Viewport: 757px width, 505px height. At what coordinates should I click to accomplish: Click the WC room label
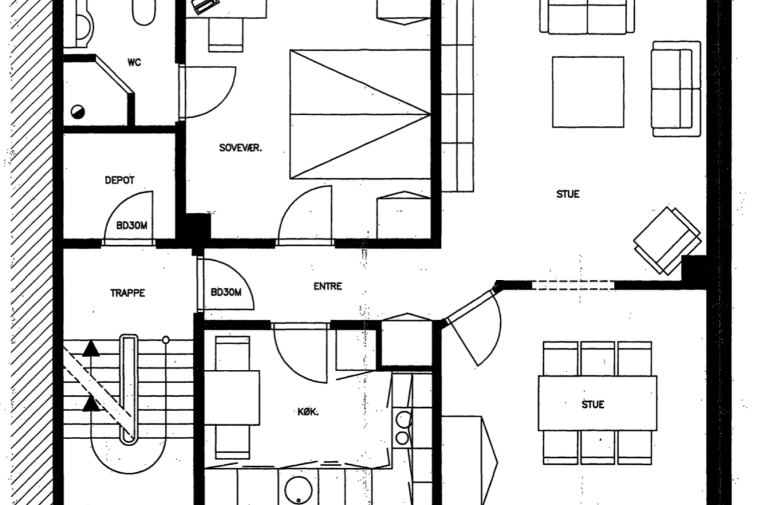[x=134, y=62]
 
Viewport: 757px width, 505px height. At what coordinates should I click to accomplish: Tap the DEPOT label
[x=119, y=180]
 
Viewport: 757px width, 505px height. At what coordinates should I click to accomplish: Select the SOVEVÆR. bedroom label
[x=240, y=148]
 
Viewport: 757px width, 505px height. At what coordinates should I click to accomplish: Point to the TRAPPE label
[x=128, y=293]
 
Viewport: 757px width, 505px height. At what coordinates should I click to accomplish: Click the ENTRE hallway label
[x=328, y=287]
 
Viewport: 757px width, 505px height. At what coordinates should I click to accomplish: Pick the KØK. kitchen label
[x=308, y=412]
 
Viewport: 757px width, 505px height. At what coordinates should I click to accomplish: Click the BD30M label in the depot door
[x=132, y=225]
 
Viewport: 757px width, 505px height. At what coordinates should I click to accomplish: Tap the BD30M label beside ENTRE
[x=226, y=292]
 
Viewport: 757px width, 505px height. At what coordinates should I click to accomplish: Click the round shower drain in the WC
[x=77, y=112]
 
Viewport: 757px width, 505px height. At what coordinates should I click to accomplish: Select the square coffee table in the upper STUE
[x=588, y=92]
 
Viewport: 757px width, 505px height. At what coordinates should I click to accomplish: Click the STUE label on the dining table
[x=593, y=405]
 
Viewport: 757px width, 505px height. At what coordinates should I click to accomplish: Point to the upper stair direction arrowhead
[x=91, y=349]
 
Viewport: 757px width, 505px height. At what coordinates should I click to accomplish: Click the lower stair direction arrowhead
[x=91, y=404]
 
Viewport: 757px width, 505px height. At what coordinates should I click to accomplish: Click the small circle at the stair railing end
[x=165, y=340]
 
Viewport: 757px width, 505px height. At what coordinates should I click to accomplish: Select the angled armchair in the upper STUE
[x=667, y=241]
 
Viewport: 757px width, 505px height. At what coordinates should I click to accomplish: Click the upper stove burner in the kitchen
[x=403, y=420]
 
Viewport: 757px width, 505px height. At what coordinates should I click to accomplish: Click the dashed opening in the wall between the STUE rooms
[x=573, y=285]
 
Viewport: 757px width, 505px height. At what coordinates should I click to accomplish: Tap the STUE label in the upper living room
[x=568, y=194]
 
